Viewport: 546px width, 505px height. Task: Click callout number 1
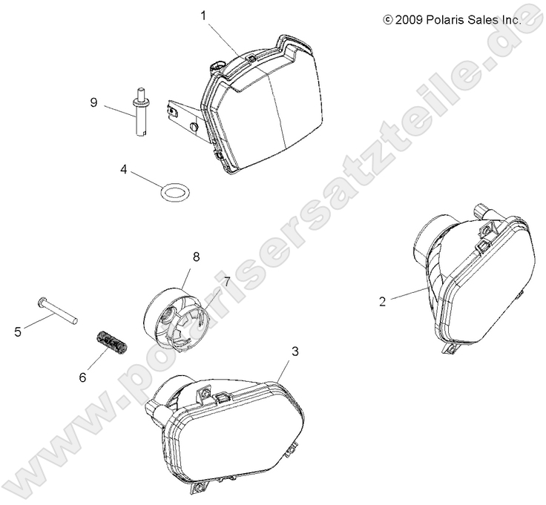203,16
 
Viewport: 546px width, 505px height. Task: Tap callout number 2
382,301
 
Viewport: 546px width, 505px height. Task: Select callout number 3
295,351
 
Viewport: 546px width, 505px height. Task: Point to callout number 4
124,170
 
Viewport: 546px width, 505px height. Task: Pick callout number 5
18,332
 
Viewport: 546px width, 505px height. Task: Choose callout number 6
82,377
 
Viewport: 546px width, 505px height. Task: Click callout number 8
196,257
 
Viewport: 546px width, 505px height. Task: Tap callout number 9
93,102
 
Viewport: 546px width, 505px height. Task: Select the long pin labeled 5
56,309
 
